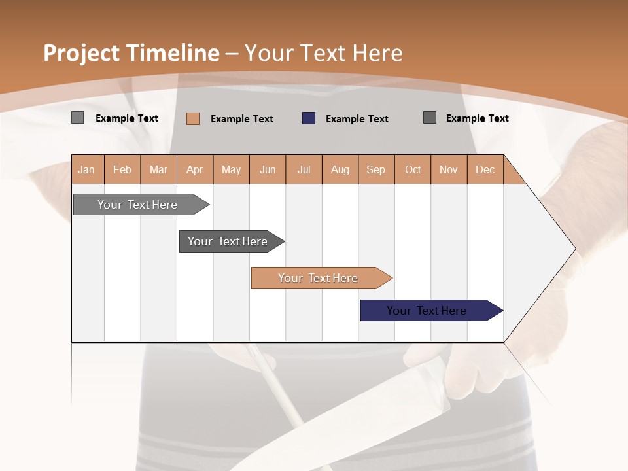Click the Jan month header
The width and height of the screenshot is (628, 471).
(87, 169)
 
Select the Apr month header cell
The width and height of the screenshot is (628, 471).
(195, 169)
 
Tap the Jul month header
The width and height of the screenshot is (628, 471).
(304, 169)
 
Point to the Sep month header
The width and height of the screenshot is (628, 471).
(376, 169)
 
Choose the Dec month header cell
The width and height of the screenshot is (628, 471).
(485, 169)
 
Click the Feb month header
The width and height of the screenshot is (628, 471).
(122, 169)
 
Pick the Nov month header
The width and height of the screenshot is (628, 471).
(449, 169)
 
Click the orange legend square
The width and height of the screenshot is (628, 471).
(193, 118)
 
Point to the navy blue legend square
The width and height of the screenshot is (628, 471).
(309, 118)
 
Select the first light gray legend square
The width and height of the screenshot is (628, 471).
(77, 118)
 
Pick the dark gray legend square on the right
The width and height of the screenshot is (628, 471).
(430, 118)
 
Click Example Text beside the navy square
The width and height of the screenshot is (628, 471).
(357, 119)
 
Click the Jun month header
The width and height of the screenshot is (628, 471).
(268, 169)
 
